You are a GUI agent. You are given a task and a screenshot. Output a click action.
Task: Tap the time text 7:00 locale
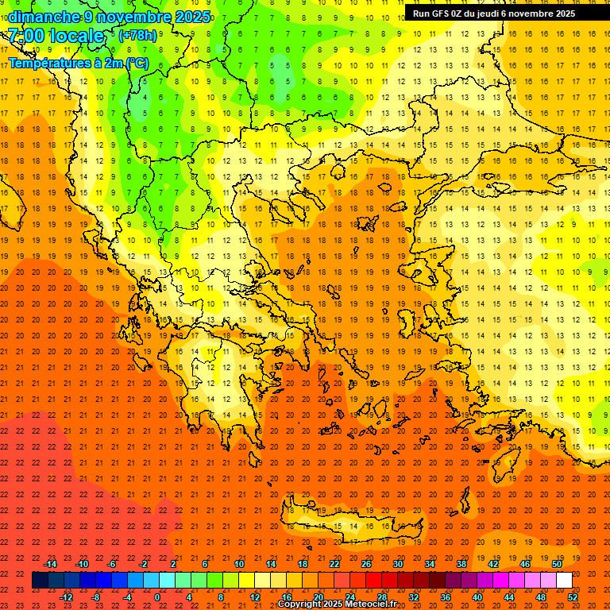click(x=56, y=36)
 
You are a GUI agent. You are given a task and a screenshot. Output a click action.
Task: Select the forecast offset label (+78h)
click(x=137, y=36)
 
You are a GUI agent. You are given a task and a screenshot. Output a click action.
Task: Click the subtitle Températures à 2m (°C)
click(x=78, y=63)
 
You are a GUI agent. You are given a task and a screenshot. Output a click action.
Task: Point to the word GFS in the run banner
click(x=446, y=14)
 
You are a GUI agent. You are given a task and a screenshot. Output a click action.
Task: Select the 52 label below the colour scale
click(x=573, y=597)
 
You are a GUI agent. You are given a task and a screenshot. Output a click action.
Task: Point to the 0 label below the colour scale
click(x=157, y=597)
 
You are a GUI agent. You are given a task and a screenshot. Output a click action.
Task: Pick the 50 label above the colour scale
click(x=556, y=564)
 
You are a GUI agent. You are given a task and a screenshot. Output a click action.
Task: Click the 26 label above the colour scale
click(x=366, y=564)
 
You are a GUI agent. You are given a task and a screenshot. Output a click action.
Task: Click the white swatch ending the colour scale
click(x=564, y=581)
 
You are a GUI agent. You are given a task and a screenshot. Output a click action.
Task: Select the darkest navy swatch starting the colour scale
click(x=41, y=581)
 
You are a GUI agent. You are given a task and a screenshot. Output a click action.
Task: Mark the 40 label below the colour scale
click(x=477, y=597)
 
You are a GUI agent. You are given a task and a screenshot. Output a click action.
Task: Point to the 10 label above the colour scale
click(x=238, y=564)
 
